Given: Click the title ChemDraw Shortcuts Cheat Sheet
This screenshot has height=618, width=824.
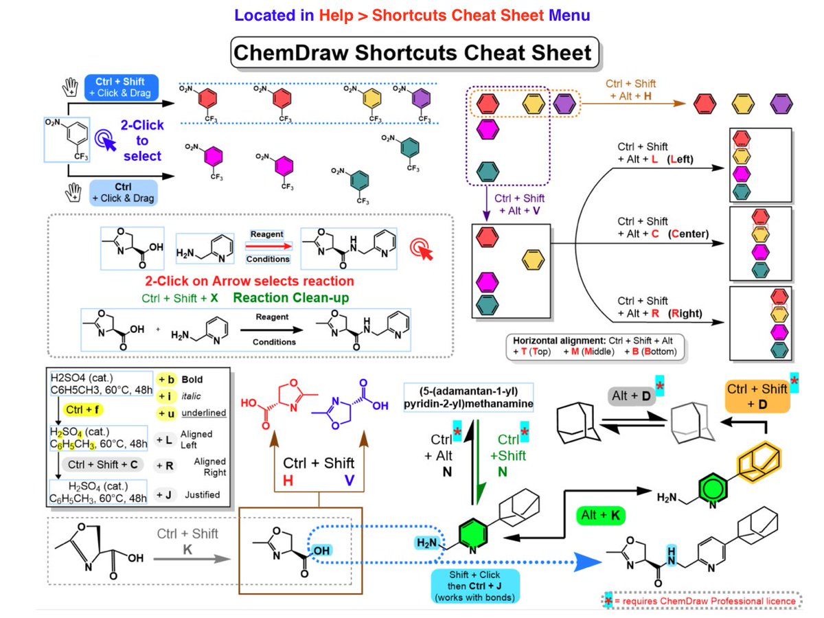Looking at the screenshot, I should pos(412,53).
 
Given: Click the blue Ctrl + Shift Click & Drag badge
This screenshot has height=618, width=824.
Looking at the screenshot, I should pos(122,87).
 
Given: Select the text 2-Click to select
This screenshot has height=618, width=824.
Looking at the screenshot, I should pos(142,141).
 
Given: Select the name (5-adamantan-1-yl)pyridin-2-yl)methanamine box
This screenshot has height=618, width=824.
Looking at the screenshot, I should pos(469,398).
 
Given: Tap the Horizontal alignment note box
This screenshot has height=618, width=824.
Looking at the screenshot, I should pos(595,346).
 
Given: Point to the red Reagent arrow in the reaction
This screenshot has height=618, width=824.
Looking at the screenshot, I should pos(267,246).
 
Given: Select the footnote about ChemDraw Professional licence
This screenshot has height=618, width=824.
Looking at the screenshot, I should pos(702,601).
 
